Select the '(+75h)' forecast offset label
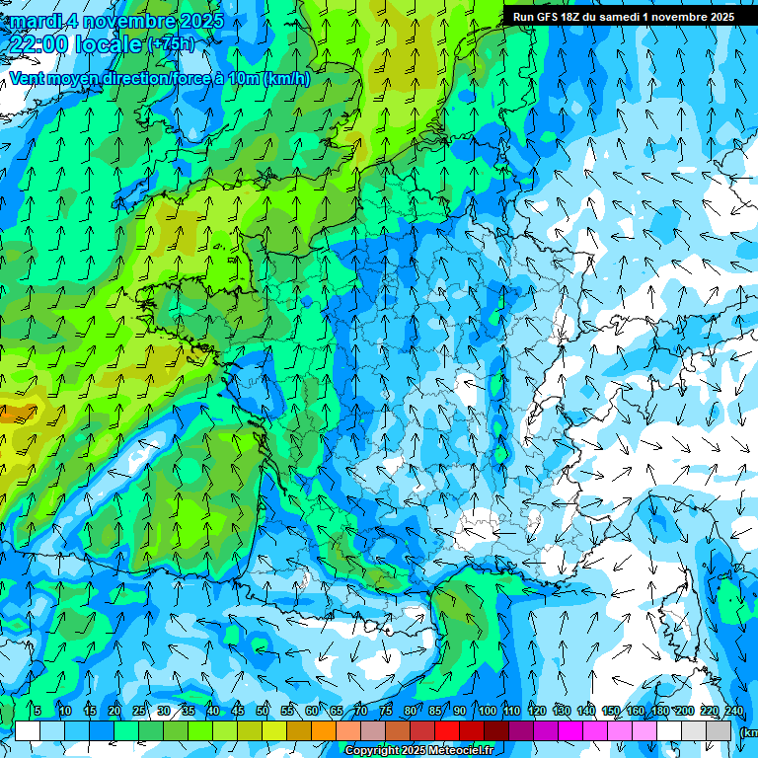172,44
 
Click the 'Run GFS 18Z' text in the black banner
549,17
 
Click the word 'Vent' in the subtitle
28,78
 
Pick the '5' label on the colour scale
38,712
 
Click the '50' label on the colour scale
263,712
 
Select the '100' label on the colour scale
488,712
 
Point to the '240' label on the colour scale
733,712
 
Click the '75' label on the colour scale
386,712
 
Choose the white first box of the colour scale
28,731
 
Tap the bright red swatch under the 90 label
447,731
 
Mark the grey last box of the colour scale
720,731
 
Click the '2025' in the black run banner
719,17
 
